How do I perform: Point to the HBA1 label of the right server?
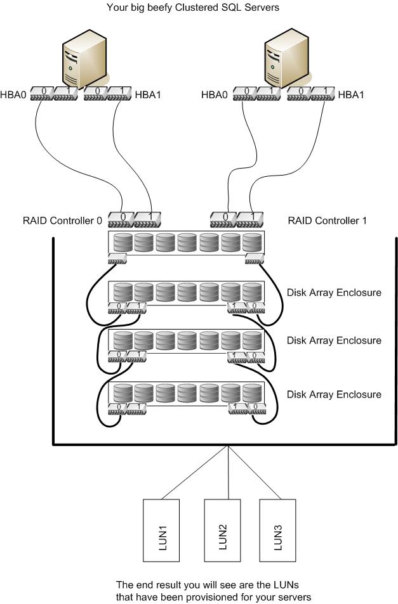(351, 96)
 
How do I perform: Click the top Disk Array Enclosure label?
(334, 293)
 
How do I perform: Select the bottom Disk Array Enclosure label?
(334, 394)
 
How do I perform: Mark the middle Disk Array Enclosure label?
(334, 340)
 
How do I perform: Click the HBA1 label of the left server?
(148, 96)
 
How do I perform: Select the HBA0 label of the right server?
(215, 96)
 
